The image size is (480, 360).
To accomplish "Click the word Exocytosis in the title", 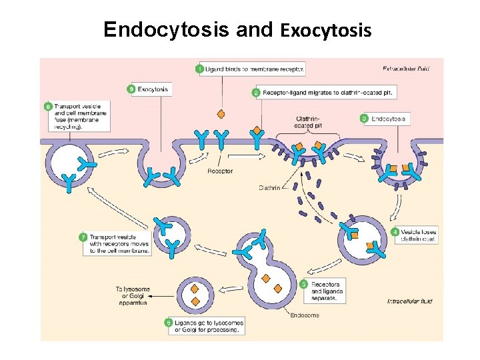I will [x=326, y=31].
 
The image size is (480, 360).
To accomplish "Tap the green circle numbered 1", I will [x=201, y=69].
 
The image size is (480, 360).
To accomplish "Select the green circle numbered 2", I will [x=256, y=93].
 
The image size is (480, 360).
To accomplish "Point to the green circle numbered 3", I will [x=364, y=119].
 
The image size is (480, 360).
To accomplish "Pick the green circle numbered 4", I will [x=395, y=232].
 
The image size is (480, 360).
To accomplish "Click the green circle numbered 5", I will [x=303, y=284].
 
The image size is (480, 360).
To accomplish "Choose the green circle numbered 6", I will [x=169, y=323].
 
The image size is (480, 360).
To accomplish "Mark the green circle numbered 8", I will [x=47, y=106].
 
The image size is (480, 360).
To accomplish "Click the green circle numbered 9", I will [x=131, y=89].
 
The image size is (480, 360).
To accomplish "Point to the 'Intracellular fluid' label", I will [x=410, y=301].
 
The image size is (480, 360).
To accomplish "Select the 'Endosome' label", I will [x=305, y=315].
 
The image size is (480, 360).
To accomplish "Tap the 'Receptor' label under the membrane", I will [x=220, y=171].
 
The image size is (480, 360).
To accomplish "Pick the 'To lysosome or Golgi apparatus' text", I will [x=133, y=296].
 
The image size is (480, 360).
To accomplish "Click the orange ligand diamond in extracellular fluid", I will [x=221, y=113].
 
